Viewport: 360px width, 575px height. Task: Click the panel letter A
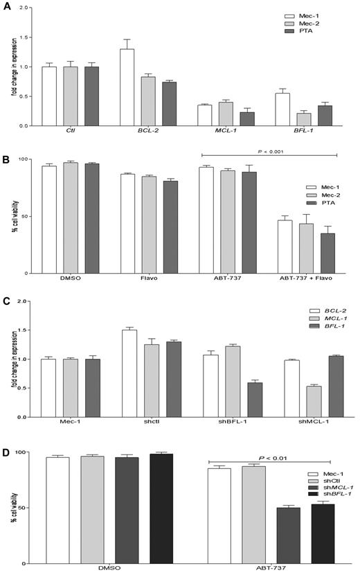(x=6, y=8)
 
